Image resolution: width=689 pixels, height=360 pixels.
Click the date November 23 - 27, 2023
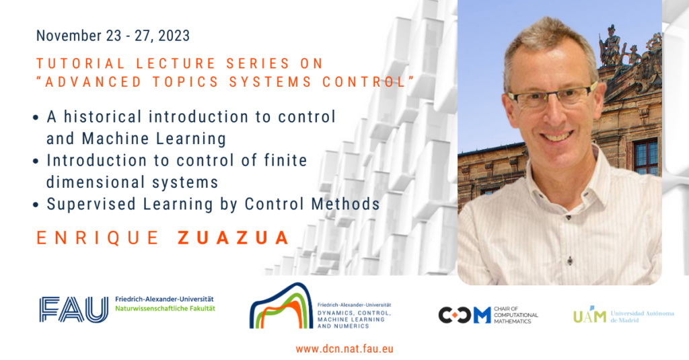click(x=113, y=36)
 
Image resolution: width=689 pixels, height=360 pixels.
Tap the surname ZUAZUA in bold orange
click(x=233, y=238)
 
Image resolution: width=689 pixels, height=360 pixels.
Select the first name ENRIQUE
click(x=98, y=238)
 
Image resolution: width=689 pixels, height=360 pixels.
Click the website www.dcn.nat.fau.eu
click(x=344, y=349)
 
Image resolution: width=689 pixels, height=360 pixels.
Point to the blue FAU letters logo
click(x=73, y=310)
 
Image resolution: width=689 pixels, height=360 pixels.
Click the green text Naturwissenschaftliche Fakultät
click(x=166, y=309)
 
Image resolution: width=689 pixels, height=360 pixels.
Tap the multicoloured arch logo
click(x=281, y=306)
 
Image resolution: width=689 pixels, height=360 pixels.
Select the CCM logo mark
click(x=464, y=315)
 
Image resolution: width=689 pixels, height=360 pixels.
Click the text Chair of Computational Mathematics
click(x=516, y=315)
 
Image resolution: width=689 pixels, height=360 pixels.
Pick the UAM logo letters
click(x=589, y=315)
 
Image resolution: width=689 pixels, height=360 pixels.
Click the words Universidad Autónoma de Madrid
click(x=642, y=316)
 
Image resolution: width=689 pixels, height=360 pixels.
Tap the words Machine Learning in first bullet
click(x=154, y=139)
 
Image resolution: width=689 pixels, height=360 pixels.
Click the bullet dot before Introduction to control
click(x=36, y=161)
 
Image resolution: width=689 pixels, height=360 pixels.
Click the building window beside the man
click(x=646, y=157)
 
